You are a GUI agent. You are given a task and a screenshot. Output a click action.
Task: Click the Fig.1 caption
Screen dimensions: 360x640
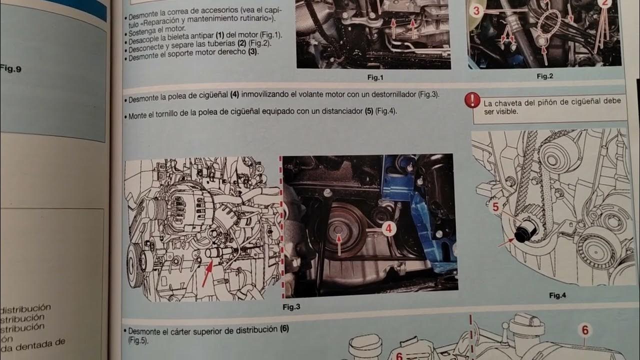374,77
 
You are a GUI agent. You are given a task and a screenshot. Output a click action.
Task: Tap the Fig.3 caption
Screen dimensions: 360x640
291,307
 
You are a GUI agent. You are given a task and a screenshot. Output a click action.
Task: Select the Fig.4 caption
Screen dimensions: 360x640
557,295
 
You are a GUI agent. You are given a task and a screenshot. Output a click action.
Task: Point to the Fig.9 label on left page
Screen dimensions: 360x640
10,69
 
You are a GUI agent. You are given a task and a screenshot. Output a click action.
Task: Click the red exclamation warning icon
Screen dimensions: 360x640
471,100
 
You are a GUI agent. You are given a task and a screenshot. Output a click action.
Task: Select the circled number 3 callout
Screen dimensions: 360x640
476,10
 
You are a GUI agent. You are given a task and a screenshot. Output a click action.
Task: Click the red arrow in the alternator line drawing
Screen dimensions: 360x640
207,272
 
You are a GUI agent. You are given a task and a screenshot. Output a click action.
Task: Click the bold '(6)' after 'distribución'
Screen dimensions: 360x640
284,329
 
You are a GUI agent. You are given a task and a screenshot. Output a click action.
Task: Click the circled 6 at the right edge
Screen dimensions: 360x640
584,330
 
